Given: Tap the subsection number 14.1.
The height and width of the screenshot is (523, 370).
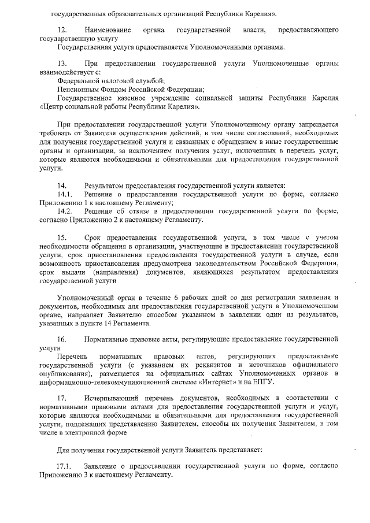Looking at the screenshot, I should click(64, 194).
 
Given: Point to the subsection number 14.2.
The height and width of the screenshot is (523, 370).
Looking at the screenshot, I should click(64, 212).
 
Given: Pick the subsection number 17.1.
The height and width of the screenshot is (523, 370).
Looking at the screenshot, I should click(64, 465).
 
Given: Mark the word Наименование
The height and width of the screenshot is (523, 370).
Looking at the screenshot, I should click(107, 29).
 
